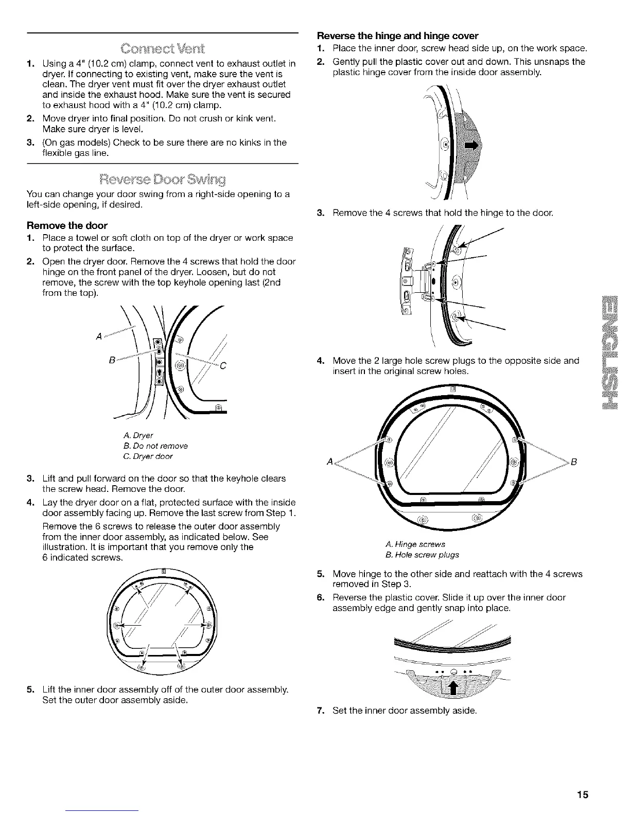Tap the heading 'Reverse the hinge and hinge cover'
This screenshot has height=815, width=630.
(x=398, y=36)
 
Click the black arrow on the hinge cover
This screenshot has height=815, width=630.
(x=470, y=147)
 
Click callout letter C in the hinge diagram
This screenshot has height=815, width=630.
(x=223, y=367)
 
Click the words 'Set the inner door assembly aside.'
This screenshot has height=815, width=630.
(x=405, y=711)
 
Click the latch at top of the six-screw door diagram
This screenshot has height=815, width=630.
(x=163, y=571)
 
